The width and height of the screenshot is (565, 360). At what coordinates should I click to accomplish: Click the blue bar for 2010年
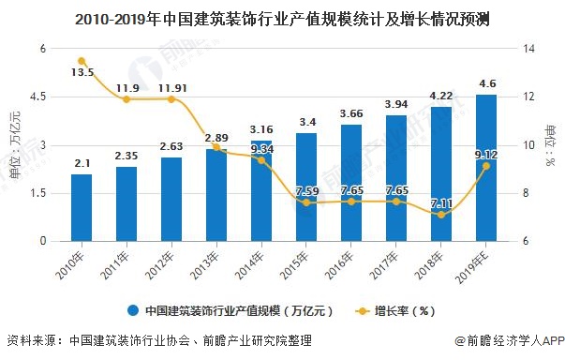[82, 207]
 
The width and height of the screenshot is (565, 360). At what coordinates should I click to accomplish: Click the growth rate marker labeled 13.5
[82, 61]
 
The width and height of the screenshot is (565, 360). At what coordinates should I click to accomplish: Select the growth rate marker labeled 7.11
[441, 215]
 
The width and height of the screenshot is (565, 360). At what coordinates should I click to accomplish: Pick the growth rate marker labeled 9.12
[486, 166]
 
